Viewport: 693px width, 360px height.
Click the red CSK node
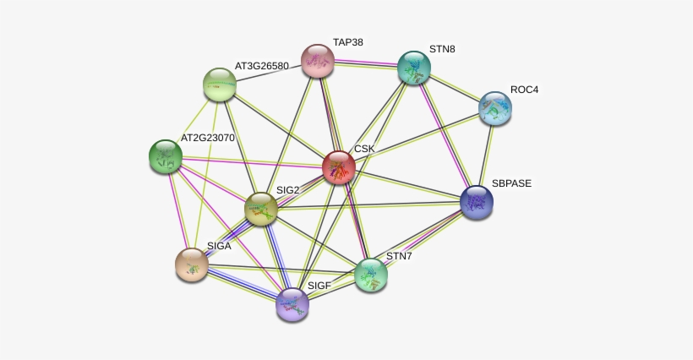(x=339, y=167)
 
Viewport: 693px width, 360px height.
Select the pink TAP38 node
(x=317, y=61)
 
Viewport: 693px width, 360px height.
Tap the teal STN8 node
(x=413, y=68)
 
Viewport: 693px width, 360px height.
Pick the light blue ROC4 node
(x=495, y=108)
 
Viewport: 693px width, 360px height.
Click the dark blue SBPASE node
(x=477, y=202)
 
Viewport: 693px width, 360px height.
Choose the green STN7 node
(x=371, y=275)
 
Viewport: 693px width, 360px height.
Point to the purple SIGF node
(x=292, y=304)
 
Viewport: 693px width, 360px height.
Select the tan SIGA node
(x=192, y=265)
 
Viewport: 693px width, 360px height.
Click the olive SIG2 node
(x=261, y=209)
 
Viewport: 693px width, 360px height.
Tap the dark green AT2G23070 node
(x=166, y=156)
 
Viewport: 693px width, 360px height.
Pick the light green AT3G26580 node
(x=220, y=85)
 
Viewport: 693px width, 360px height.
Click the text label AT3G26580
(x=262, y=66)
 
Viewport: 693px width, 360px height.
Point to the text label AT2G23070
(x=208, y=138)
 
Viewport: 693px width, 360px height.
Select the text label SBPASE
(x=512, y=183)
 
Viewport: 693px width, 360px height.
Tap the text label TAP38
(x=348, y=42)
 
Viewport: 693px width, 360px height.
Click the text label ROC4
(x=525, y=90)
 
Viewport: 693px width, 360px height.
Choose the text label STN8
(x=442, y=49)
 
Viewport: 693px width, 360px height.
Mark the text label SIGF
(x=319, y=286)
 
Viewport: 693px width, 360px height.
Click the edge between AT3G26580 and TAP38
(x=269, y=73)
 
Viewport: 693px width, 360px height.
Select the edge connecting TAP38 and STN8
(x=365, y=64)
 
